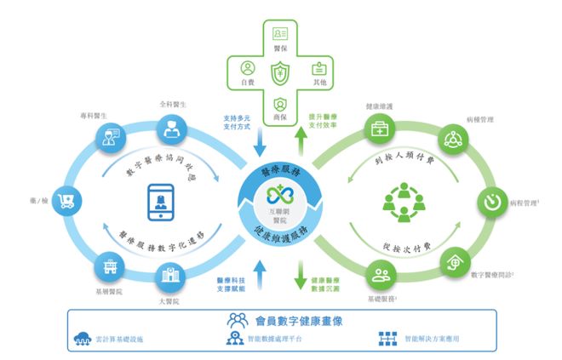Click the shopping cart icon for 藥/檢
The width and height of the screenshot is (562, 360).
coord(65,202)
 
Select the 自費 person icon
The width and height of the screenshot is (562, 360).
coord(247,67)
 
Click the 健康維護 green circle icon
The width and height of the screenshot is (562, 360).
coord(378,130)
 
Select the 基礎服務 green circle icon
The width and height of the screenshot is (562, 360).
coord(381,275)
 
